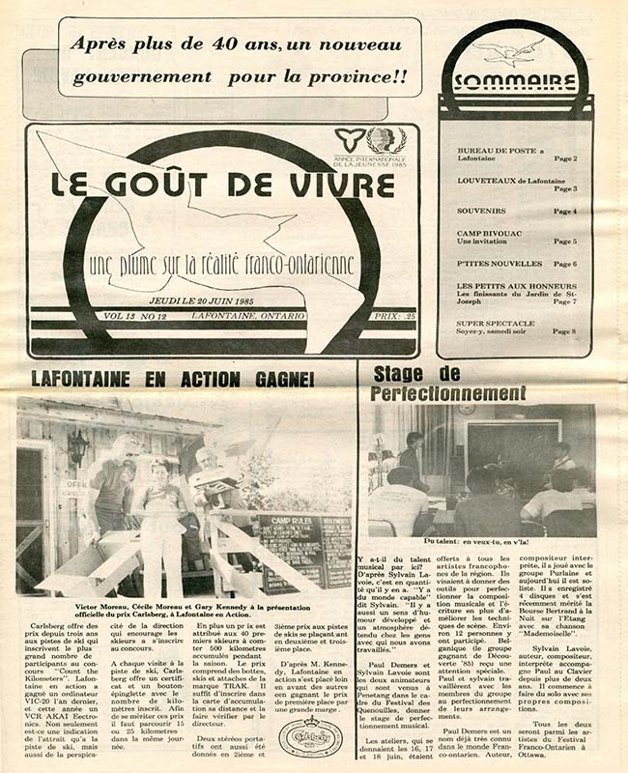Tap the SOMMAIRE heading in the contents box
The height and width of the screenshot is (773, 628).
[514, 82]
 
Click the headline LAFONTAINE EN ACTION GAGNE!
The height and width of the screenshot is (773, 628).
[172, 380]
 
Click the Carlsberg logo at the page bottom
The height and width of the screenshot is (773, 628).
[310, 737]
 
